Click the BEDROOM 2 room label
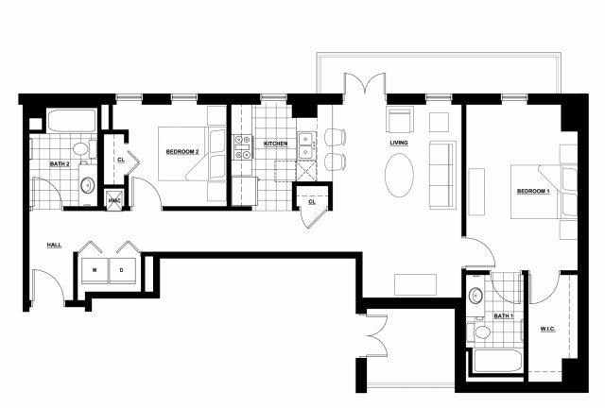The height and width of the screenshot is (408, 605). click(182, 152)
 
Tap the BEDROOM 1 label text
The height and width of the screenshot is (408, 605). click(533, 192)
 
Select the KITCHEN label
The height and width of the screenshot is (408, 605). click(275, 144)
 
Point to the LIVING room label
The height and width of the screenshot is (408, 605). click(399, 143)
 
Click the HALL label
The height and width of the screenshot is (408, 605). click(54, 245)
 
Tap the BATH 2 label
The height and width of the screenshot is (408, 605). click(60, 164)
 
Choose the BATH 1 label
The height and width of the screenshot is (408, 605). click(504, 316)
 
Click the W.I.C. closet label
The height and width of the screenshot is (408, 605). click(547, 329)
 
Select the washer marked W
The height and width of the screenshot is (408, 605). click(95, 270)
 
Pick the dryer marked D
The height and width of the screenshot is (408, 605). click(122, 270)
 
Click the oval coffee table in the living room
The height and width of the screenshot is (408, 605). click(399, 176)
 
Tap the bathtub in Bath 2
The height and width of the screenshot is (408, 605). click(72, 120)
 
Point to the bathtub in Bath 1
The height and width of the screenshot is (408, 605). click(497, 361)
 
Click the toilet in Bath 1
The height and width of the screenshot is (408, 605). click(480, 331)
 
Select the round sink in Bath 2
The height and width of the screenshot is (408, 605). click(88, 185)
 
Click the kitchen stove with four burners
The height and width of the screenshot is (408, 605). click(242, 147)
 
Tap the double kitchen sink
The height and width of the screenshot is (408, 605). click(306, 145)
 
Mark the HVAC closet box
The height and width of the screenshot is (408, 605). click(114, 199)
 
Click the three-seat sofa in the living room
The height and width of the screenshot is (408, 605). click(443, 175)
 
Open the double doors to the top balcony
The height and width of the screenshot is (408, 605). click(365, 82)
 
